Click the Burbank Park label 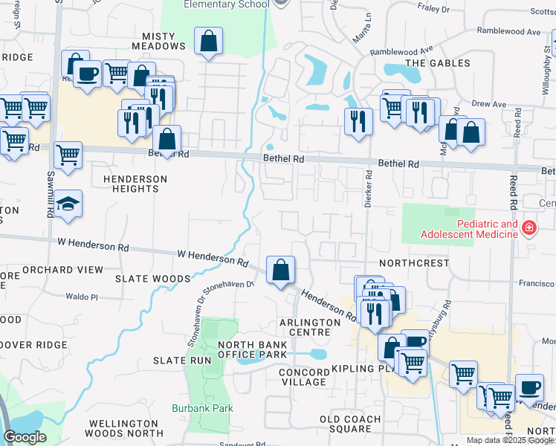click(x=213, y=408)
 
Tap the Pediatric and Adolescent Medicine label click(x=469, y=229)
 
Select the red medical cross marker click(x=528, y=227)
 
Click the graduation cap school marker click(x=68, y=204)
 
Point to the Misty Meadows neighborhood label click(x=158, y=41)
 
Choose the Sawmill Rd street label click(x=49, y=195)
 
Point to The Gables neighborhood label click(x=438, y=63)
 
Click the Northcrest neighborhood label click(x=414, y=263)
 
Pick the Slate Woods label click(x=152, y=279)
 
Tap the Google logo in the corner click(x=25, y=437)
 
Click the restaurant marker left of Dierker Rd click(x=358, y=120)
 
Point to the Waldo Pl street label click(x=82, y=296)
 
